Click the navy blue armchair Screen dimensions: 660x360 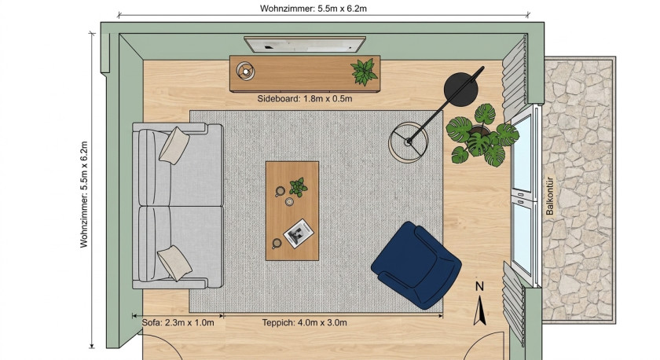416,265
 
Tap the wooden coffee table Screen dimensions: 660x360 292,211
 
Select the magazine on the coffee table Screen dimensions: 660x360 299,233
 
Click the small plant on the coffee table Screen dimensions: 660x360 298,187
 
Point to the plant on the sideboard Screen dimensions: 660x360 364,72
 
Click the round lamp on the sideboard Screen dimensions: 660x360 245,72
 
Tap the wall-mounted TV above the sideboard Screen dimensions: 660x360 305,44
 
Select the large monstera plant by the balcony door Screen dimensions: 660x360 482,134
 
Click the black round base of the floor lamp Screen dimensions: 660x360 460,90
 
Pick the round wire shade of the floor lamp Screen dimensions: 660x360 409,142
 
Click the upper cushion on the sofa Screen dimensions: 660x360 174,145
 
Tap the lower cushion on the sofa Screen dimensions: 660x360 174,263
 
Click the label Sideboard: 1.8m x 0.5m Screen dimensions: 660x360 305,99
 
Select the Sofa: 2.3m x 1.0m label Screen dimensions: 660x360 178,323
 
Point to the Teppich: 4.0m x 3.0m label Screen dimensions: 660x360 304,323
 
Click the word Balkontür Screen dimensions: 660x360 550,196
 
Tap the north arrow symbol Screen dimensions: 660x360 479,310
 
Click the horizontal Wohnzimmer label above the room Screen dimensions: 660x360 313,9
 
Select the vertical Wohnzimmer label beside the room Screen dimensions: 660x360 84,194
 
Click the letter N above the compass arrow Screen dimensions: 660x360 479,287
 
